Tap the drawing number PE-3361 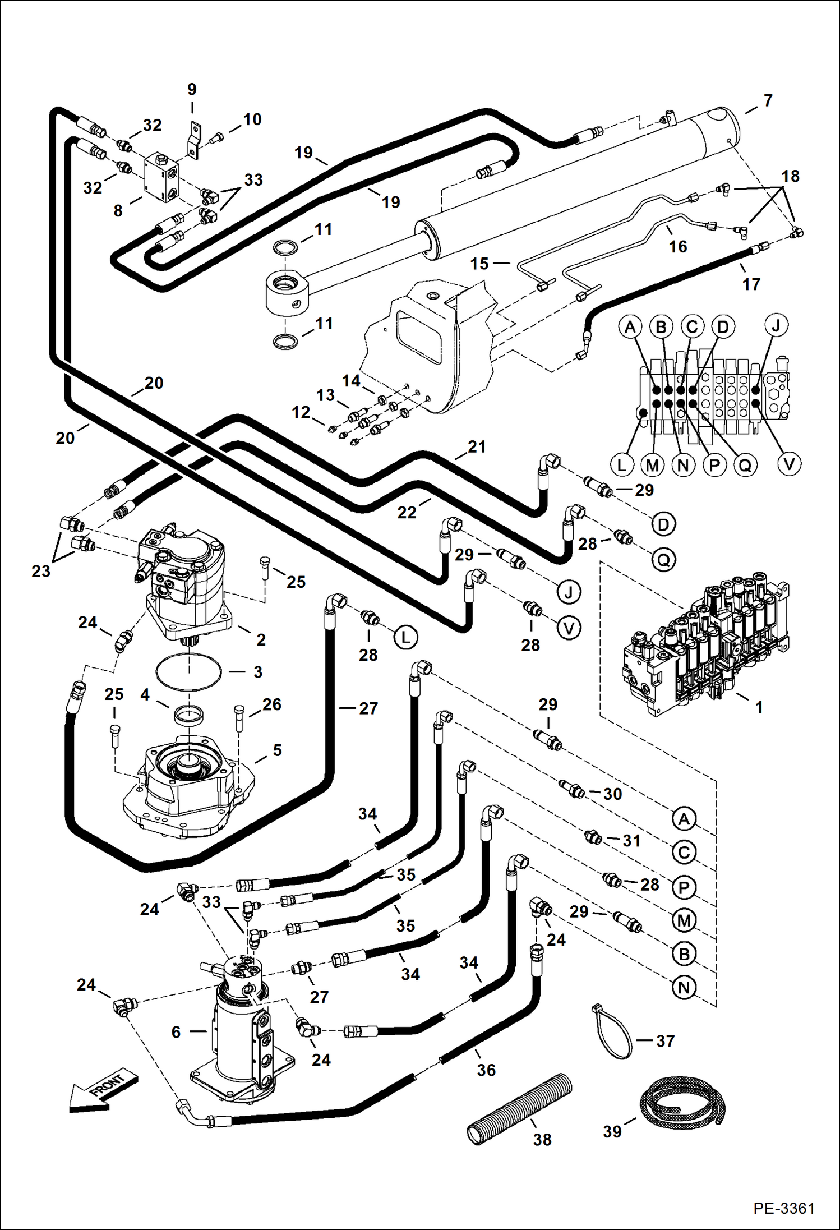tap(783, 1208)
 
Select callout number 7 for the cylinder tap(768, 101)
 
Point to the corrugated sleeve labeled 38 tap(519, 1108)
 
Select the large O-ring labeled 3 tap(189, 671)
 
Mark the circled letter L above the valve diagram tap(622, 465)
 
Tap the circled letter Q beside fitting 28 tap(663, 559)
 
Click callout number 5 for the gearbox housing tap(277, 750)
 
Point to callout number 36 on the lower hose tap(486, 1070)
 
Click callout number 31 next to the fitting tap(631, 840)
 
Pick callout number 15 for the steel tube tap(479, 264)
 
